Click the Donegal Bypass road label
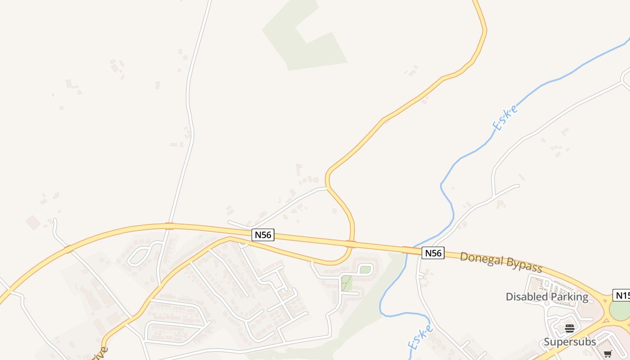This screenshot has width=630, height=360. coord(501,261)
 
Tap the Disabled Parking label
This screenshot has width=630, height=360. coord(547,297)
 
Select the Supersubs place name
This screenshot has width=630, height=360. coord(570,342)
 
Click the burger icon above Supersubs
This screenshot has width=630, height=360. coord(570,328)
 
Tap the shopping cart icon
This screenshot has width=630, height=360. coord(608,354)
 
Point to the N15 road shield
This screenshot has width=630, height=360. coord(622,296)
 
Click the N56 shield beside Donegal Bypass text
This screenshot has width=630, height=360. coord(433,253)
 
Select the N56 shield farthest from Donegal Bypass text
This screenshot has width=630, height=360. coord(263,234)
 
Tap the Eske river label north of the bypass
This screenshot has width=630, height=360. coord(505,117)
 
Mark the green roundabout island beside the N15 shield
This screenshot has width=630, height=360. coord(620,311)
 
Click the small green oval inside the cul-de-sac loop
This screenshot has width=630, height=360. coord(365,270)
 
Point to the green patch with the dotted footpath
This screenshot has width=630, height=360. coord(346,283)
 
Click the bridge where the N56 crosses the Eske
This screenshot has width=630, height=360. coord(410,250)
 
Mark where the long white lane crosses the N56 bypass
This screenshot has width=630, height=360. coord(169,225)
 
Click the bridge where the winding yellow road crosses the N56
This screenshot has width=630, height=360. coord(351,244)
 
